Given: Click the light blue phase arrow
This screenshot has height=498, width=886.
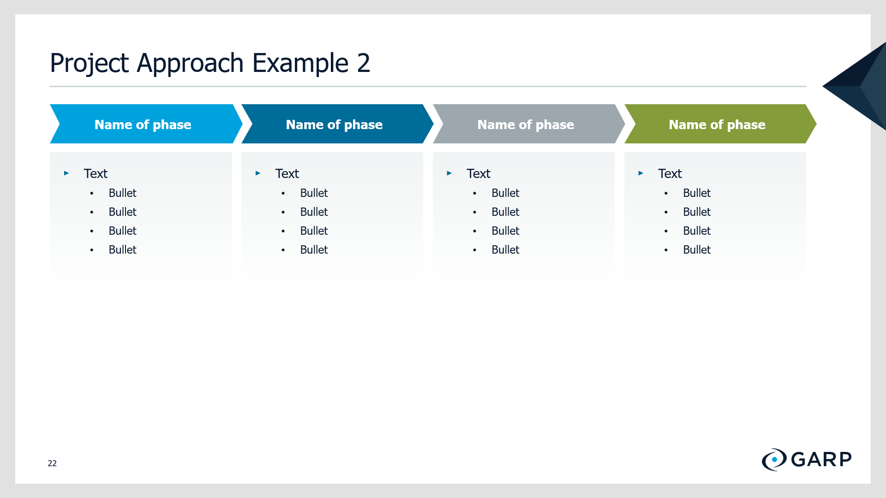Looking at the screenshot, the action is click(x=146, y=124).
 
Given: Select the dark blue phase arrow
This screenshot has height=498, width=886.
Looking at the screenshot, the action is click(x=337, y=124).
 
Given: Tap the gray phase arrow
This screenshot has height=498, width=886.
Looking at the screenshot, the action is click(x=529, y=124).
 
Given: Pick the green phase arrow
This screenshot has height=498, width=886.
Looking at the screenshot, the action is click(x=720, y=124).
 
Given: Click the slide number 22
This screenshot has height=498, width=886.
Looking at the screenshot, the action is click(x=52, y=463).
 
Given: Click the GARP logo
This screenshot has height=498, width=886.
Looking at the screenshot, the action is click(x=807, y=459).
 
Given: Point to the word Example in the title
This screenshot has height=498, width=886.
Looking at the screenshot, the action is click(x=300, y=63).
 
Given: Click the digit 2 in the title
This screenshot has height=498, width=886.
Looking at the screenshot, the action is click(x=364, y=63).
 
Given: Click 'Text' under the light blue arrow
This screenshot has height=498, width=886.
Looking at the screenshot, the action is click(x=96, y=173).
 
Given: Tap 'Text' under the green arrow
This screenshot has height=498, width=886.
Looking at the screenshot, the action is click(x=670, y=173).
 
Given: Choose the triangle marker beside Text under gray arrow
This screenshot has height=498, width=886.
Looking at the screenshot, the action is click(x=449, y=173).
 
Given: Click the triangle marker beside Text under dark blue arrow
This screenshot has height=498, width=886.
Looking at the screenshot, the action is click(x=258, y=173).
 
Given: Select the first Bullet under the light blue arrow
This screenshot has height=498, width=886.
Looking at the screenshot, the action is click(x=123, y=193).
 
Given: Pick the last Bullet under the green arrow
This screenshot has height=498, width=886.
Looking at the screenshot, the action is click(x=697, y=249).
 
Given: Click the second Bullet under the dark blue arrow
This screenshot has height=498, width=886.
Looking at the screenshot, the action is click(x=314, y=212).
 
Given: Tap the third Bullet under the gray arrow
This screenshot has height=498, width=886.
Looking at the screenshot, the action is click(x=505, y=231).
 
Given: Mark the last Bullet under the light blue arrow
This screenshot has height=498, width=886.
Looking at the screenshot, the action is click(x=123, y=249).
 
